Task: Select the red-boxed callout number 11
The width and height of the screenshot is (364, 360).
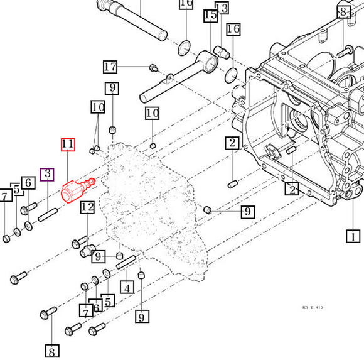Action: tap(68, 145)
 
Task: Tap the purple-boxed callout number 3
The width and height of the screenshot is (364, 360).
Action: tap(48, 174)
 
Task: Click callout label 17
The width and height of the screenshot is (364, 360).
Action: tap(110, 67)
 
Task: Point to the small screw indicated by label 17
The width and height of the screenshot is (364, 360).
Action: tap(152, 67)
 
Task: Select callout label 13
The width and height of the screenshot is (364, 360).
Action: tap(223, 8)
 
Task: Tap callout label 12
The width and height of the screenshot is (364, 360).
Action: tap(87, 207)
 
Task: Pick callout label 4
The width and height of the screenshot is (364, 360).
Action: tap(127, 288)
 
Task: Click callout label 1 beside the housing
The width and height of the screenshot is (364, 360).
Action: tap(354, 236)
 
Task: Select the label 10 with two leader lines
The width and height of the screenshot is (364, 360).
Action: tap(98, 107)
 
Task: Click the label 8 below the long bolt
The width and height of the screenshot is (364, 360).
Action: tap(52, 350)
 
